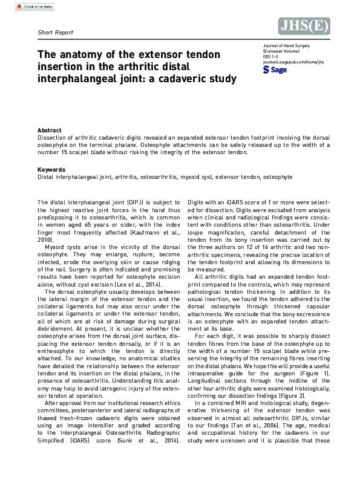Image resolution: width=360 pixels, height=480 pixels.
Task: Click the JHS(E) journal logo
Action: pyautogui.click(x=304, y=25)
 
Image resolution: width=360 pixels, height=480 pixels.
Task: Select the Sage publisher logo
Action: pyautogui.click(x=275, y=70)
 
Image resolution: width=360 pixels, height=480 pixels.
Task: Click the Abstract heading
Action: pyautogui.click(x=49, y=131)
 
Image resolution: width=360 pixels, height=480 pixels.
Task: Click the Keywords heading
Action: pyautogui.click(x=51, y=169)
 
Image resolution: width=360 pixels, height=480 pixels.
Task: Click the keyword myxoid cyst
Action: pyautogui.click(x=192, y=177)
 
